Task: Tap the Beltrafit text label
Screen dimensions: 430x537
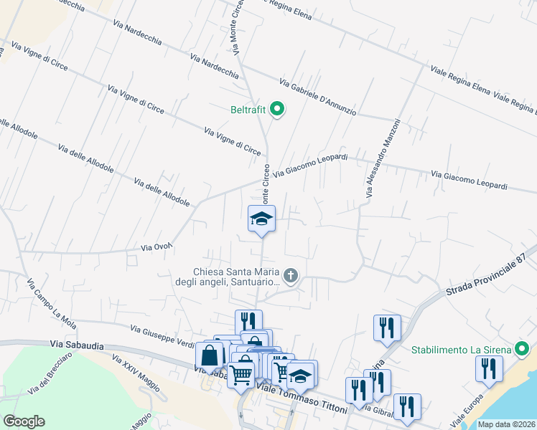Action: (248, 110)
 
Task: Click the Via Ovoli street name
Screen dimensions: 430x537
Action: (157, 247)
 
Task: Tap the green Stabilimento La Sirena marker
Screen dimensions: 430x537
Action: (522, 350)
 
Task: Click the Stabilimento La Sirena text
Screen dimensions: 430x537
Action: (460, 350)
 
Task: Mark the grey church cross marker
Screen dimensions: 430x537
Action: (291, 275)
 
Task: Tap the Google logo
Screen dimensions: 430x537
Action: (24, 421)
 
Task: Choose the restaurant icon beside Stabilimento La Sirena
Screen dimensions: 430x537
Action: (489, 368)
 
